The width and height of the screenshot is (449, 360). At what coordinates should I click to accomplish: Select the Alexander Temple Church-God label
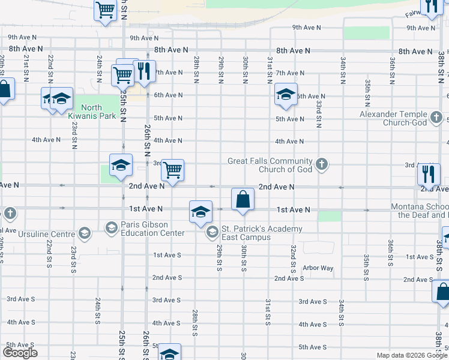[x=393, y=118]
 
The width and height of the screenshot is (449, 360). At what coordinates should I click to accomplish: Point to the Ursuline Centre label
[x=46, y=233]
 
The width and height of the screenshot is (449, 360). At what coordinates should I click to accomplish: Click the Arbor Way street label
[x=318, y=268]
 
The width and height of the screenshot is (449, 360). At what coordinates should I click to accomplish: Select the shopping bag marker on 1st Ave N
[x=242, y=199]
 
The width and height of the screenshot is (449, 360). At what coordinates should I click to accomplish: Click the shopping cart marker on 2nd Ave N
[x=172, y=170]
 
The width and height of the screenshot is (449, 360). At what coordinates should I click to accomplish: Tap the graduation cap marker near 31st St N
[x=286, y=94]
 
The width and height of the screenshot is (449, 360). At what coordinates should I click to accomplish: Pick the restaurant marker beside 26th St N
[x=143, y=71]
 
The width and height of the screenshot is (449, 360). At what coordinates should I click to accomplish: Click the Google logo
[x=20, y=353]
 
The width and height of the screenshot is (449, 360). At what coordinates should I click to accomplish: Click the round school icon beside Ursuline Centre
[x=84, y=233]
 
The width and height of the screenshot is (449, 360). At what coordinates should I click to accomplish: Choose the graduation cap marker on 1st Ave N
[x=200, y=211]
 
